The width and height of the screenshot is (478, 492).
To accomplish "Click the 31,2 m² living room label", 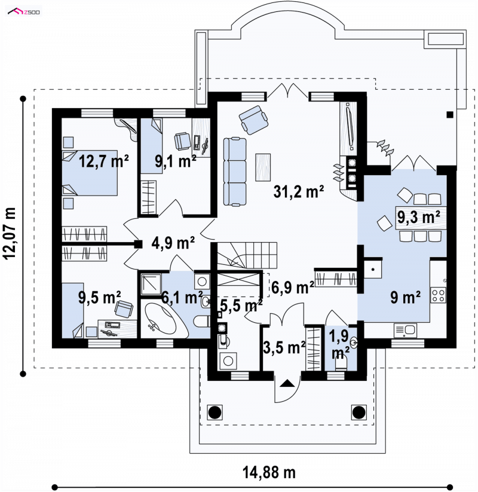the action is tap(298, 191).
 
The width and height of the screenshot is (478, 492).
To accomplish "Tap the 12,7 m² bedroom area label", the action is tap(103, 161).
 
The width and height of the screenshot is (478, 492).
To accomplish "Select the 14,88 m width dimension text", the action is tap(269, 472).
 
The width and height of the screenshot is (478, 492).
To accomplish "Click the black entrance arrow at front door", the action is tap(286, 383).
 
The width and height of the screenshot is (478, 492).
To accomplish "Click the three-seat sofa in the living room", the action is tap(235, 172).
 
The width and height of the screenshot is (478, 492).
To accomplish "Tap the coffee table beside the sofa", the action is tap(263, 167).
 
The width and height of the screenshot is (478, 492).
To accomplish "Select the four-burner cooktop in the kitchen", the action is tap(438, 295).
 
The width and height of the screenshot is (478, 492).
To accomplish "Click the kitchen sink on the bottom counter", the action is tap(405, 331).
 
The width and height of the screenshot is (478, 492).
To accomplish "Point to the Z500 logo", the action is tap(24, 12).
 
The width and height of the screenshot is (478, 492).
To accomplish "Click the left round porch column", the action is tap(215, 412).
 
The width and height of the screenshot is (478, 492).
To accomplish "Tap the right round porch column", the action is tap(358, 412).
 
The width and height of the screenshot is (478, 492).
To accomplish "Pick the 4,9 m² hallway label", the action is tap(173, 243).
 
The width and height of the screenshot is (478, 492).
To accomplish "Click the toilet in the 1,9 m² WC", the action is tap(341, 364).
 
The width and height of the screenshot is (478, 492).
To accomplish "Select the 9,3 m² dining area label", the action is tap(419, 216).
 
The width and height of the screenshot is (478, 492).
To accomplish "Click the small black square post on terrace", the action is tap(450, 115).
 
